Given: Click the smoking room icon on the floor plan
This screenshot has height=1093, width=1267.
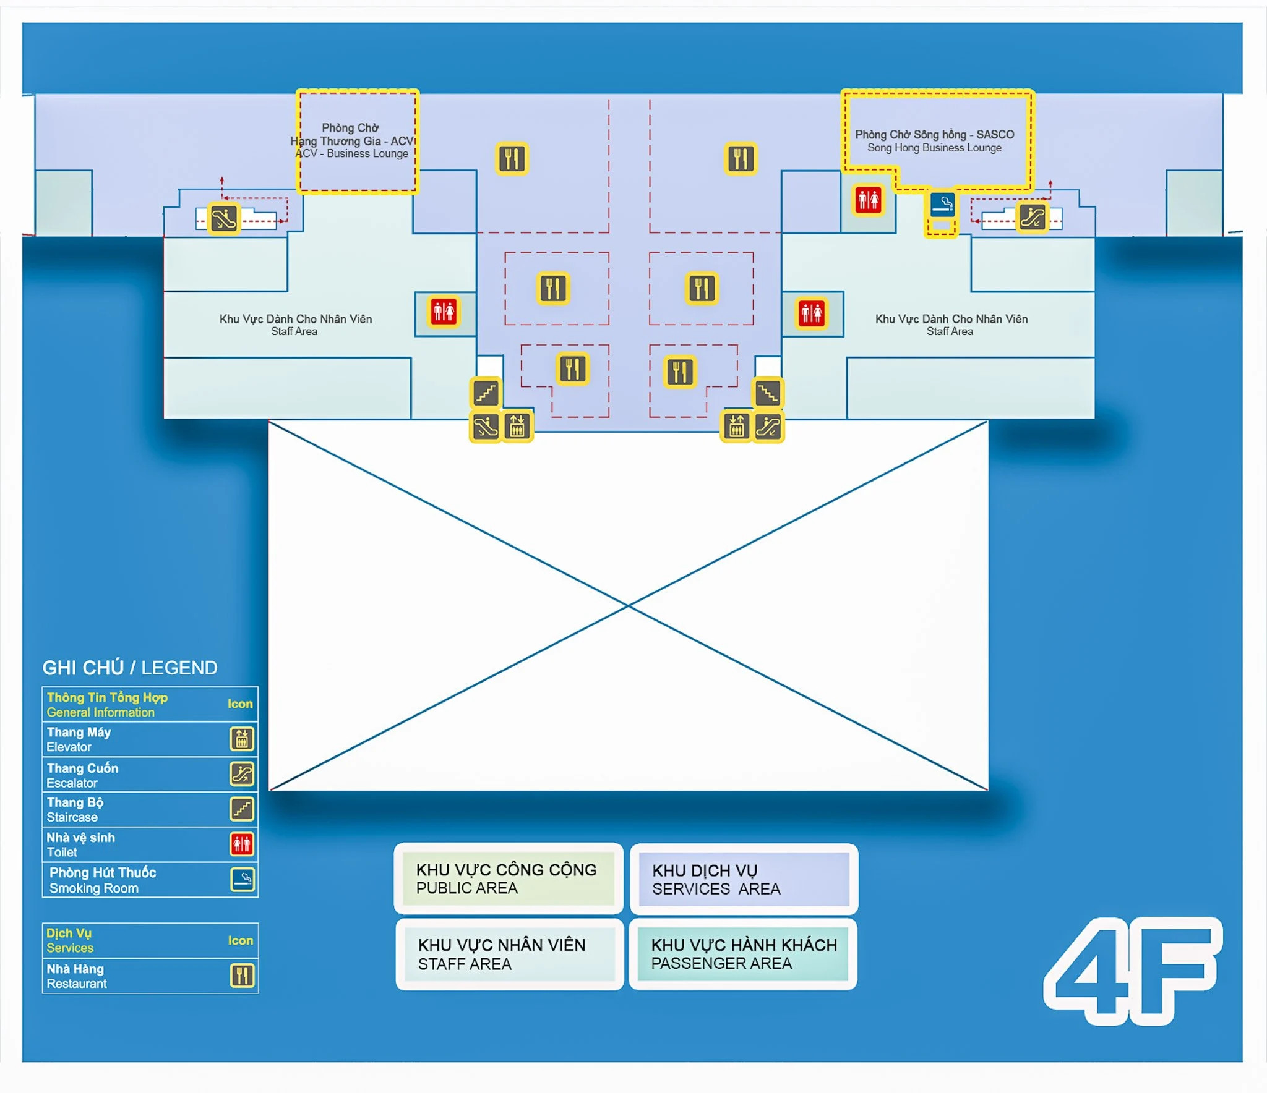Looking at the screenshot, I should pyautogui.click(x=942, y=204).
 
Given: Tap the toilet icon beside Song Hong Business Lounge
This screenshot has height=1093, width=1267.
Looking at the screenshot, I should pyautogui.click(x=868, y=200).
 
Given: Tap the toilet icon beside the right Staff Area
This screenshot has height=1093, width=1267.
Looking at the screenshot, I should pyautogui.click(x=812, y=313).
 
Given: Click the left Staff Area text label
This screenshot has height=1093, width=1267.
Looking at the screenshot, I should pyautogui.click(x=295, y=325).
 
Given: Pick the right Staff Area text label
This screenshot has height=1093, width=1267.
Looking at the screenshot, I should pyautogui.click(x=951, y=325).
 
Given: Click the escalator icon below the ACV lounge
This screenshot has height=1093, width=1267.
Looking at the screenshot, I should pyautogui.click(x=223, y=218).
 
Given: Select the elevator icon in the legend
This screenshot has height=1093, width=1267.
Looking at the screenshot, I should pyautogui.click(x=242, y=739).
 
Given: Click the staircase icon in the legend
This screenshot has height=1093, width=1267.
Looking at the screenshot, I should pyautogui.click(x=242, y=809).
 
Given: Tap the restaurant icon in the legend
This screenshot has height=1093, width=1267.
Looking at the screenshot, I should pyautogui.click(x=243, y=976).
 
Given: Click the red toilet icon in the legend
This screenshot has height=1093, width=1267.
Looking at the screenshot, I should pyautogui.click(x=242, y=844).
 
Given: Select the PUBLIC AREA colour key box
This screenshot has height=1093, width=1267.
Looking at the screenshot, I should pyautogui.click(x=508, y=878).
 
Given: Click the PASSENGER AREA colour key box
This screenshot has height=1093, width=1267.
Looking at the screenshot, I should pyautogui.click(x=743, y=954).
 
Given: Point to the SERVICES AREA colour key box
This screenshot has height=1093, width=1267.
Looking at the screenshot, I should pyautogui.click(x=744, y=879).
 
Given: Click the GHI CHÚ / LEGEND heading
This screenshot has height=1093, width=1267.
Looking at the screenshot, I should pyautogui.click(x=130, y=668).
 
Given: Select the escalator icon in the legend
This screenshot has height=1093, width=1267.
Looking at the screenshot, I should pyautogui.click(x=242, y=773).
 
